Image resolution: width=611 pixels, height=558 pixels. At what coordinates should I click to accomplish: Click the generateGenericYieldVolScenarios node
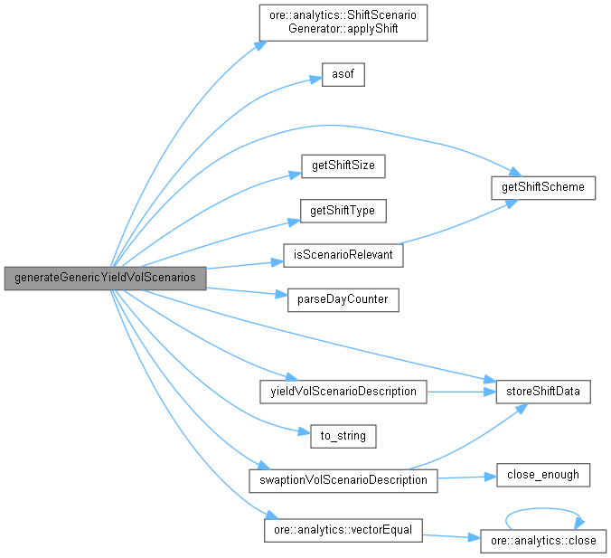105,278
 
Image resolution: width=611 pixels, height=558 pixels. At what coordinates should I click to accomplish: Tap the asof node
343,75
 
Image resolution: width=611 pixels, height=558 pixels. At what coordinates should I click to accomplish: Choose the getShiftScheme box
542,188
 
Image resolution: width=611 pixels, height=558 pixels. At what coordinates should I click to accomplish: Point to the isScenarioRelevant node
343,255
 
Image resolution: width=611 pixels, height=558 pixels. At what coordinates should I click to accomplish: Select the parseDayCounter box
343,299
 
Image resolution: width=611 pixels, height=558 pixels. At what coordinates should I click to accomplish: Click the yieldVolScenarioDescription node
343,392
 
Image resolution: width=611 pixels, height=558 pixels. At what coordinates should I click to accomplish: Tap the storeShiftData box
542,392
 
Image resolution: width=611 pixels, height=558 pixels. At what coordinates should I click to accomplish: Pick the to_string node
343,436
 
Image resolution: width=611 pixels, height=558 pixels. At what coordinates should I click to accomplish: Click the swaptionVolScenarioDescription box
343,479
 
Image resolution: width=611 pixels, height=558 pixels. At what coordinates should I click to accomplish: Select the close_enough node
542,474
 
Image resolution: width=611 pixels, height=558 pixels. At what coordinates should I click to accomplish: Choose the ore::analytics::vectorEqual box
343,529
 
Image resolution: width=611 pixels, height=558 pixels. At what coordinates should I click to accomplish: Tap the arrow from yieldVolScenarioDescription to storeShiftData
461,392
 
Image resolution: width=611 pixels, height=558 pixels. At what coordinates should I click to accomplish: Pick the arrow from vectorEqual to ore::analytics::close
450,535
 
